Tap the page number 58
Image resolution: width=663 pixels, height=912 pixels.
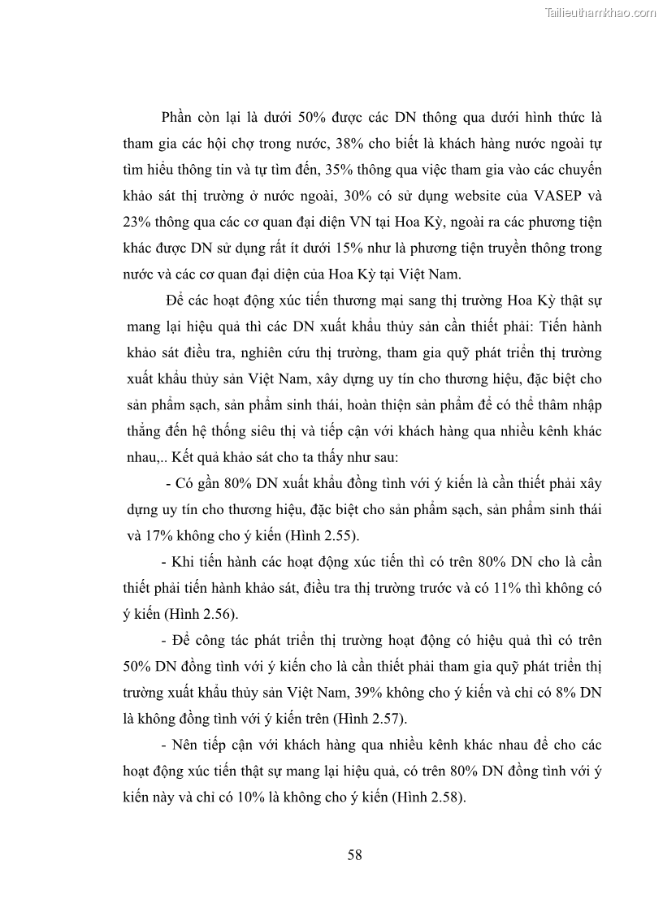(354, 854)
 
